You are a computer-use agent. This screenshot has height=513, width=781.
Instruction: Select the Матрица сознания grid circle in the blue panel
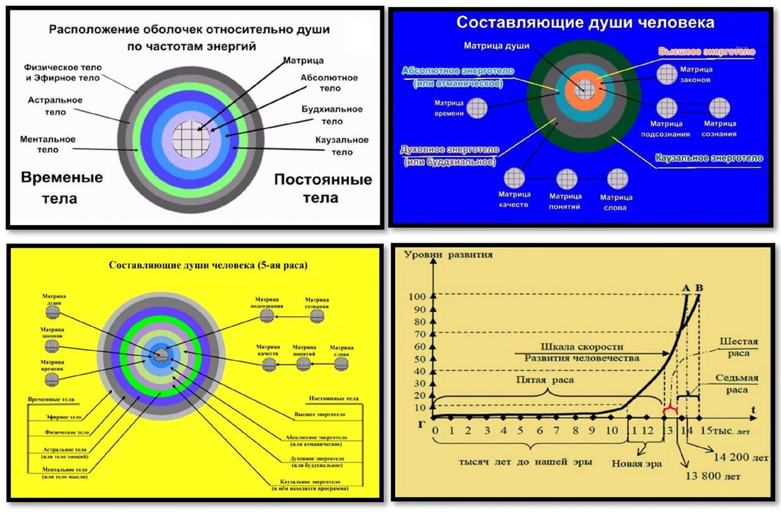click(719, 108)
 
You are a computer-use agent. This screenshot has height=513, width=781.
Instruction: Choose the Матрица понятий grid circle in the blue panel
click(565, 178)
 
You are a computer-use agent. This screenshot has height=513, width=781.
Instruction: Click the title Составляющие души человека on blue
click(585, 23)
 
